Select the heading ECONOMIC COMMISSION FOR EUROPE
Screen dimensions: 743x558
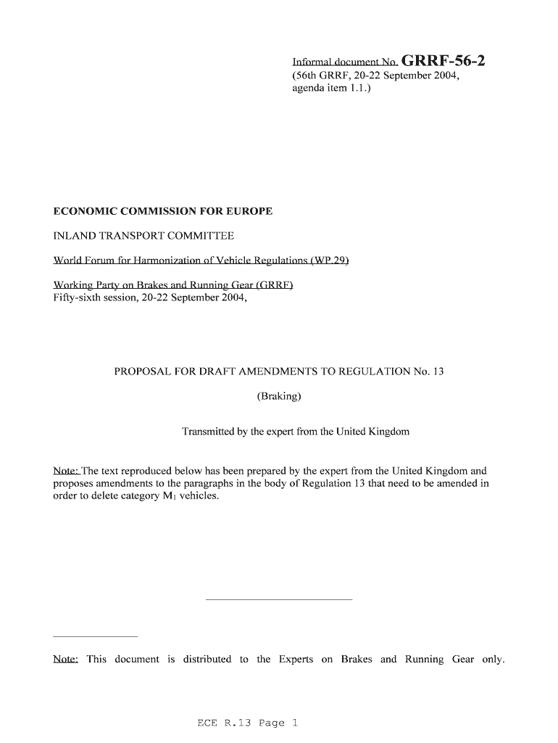[163, 211]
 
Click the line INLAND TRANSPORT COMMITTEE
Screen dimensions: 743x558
[143, 236]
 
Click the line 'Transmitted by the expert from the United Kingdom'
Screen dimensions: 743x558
[295, 432]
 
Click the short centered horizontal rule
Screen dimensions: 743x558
[279, 600]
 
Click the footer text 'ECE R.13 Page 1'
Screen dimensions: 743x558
[247, 723]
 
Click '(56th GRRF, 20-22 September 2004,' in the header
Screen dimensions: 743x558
[375, 75]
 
